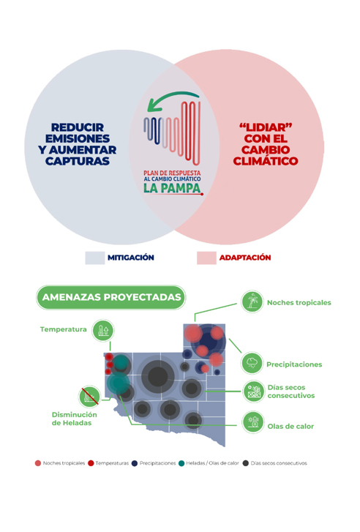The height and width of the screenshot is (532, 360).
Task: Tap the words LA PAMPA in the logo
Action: [x=172, y=188]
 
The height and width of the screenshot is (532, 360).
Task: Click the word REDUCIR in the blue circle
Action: [x=78, y=127]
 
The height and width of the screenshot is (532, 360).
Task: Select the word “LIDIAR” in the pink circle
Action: [x=266, y=127]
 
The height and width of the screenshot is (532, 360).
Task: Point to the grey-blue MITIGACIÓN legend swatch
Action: [x=95, y=258]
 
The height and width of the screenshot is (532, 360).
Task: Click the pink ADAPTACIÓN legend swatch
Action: [x=206, y=258]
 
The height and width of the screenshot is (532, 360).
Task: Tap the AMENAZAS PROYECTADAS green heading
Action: [x=111, y=297]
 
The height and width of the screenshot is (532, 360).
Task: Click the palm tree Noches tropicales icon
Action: [x=252, y=301]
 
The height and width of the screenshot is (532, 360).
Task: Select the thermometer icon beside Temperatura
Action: [x=103, y=330]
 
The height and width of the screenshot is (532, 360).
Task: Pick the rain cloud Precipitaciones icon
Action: [x=252, y=363]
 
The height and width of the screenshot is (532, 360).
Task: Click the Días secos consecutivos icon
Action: [x=253, y=391]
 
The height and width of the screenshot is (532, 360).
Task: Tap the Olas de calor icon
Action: [x=253, y=422]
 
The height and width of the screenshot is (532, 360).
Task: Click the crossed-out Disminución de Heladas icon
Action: [x=89, y=397]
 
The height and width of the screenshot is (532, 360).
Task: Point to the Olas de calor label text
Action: [x=290, y=426]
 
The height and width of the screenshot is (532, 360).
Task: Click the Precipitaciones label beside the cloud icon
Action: [x=294, y=364]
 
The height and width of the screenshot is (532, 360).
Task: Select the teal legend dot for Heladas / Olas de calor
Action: [x=181, y=463]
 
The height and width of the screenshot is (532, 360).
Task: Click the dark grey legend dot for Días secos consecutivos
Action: [x=246, y=463]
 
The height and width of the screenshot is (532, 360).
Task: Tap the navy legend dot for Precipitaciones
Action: [x=135, y=463]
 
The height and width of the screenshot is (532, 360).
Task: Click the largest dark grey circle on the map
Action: [x=158, y=376]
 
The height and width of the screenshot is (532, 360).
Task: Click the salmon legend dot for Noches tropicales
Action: [x=38, y=463]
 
